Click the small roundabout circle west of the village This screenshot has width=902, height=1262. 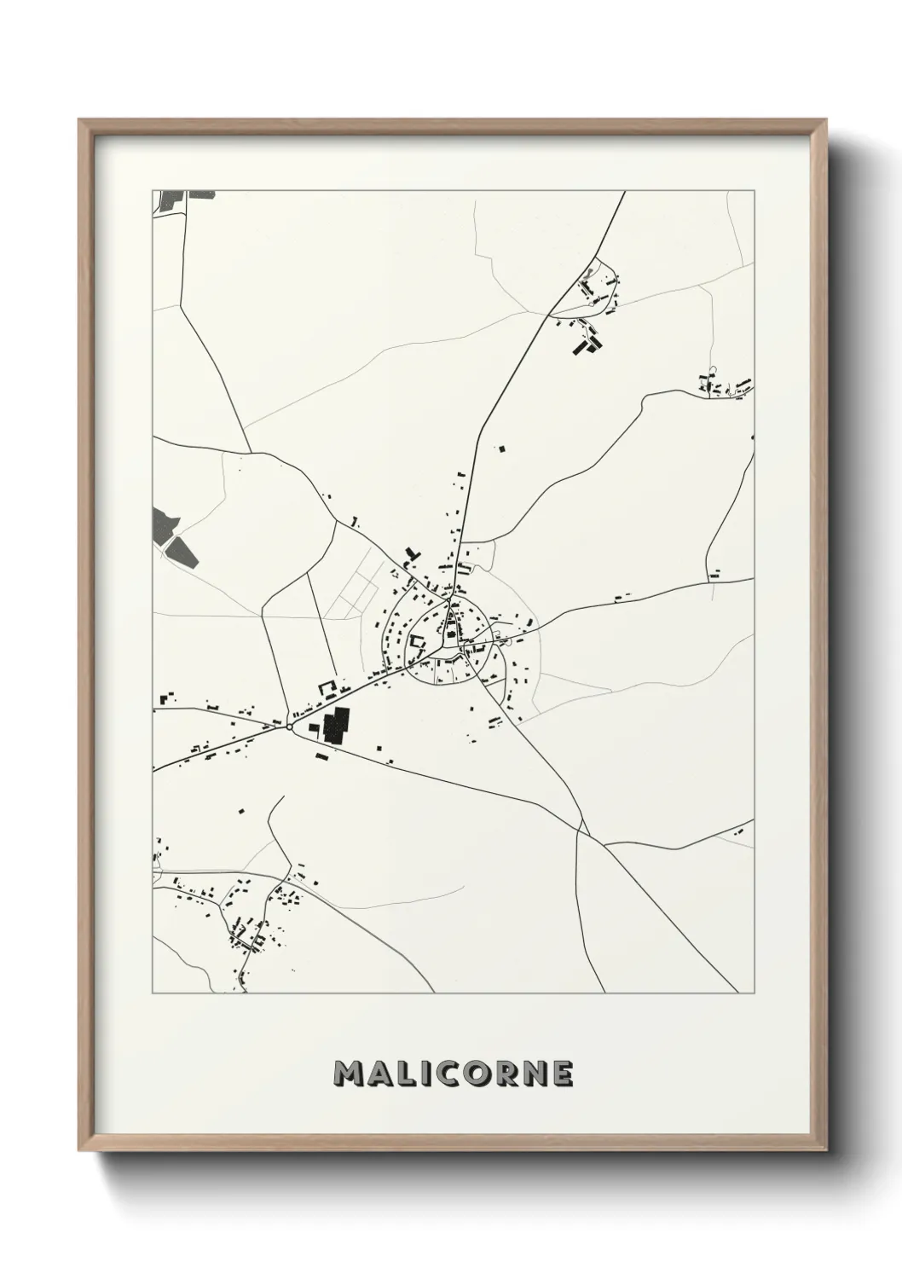coord(290,727)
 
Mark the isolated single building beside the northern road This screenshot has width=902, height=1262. coord(501,447)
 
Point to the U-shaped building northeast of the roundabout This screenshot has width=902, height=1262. coord(326,686)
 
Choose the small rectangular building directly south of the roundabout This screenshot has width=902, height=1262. coord(321,755)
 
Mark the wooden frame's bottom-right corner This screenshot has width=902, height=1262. coord(830,1149)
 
